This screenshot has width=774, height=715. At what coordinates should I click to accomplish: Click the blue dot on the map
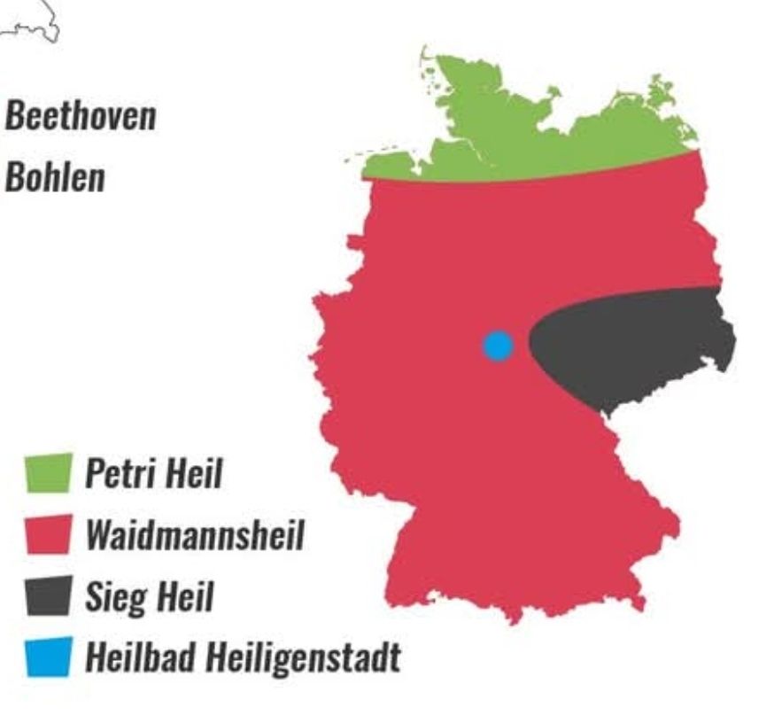click(x=498, y=346)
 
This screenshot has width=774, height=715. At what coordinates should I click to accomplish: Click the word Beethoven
click(x=80, y=116)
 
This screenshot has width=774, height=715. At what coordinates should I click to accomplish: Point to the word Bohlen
click(x=54, y=177)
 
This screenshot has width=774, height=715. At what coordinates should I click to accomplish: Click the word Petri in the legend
click(x=122, y=474)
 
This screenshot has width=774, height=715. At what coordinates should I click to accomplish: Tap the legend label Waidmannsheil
click(x=194, y=535)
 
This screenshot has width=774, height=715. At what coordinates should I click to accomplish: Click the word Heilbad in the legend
click(x=141, y=657)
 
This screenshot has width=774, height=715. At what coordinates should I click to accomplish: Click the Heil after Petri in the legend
click(x=195, y=474)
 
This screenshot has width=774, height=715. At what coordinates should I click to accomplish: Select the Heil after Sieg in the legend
click(x=185, y=596)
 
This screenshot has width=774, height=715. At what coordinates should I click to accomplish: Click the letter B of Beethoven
click(x=15, y=116)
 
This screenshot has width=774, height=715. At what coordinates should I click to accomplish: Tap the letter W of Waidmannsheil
click(x=99, y=535)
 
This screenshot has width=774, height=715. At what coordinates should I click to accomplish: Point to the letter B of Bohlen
click(x=15, y=177)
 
